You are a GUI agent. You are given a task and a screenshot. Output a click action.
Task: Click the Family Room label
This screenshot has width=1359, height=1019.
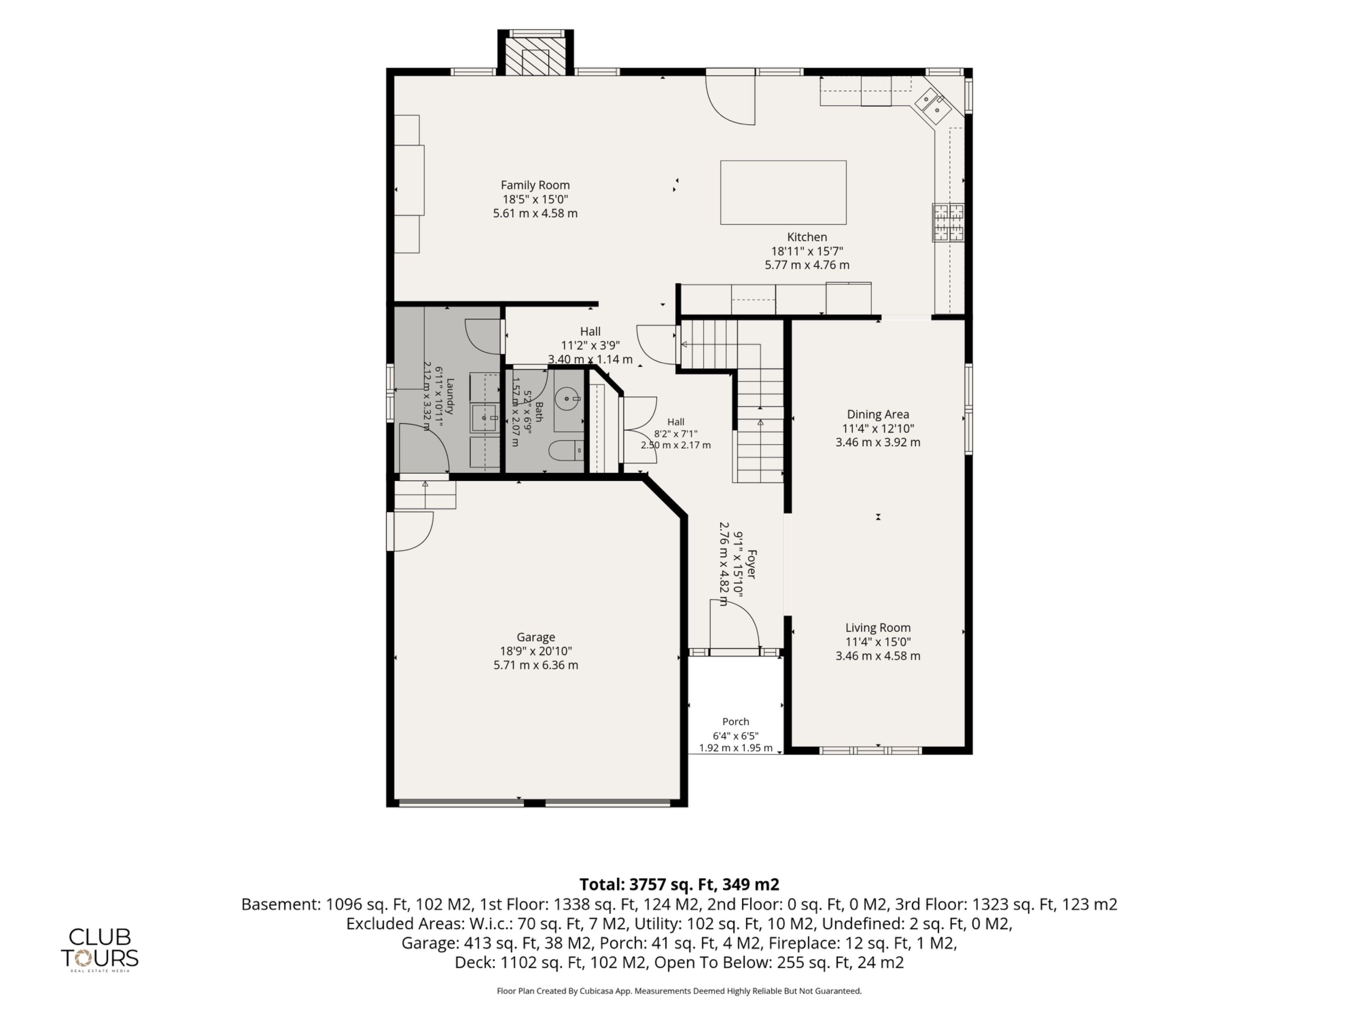[535, 185]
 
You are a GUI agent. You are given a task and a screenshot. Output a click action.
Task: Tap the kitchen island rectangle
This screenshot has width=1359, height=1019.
[783, 192]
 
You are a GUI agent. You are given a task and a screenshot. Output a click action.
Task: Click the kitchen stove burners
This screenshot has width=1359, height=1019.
[948, 222]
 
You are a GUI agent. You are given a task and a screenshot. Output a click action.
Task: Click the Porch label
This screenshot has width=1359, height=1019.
[735, 722]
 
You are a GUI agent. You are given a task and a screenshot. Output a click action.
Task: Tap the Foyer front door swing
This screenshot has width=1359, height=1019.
[735, 623]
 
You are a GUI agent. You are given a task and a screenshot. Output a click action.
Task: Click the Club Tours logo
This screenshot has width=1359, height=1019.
[99, 949]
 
